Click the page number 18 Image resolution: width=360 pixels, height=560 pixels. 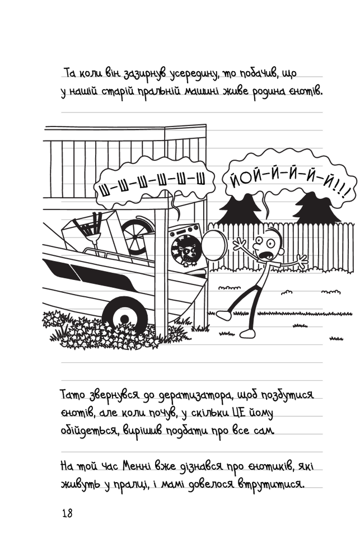click(x=67, y=514)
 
